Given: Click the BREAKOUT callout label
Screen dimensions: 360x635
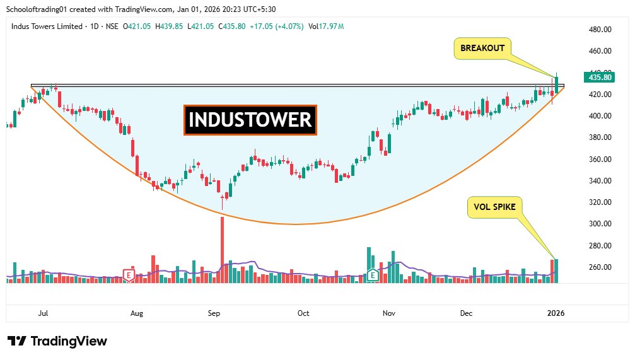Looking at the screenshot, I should (x=482, y=48).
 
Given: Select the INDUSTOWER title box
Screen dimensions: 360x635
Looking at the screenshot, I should (x=250, y=120).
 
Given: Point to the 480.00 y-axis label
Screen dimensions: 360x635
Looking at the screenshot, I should (x=600, y=30).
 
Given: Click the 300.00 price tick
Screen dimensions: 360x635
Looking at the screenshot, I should (x=600, y=224).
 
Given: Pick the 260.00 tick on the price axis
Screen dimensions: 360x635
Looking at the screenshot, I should (x=600, y=267).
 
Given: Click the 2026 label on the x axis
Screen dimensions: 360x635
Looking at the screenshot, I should (x=556, y=313).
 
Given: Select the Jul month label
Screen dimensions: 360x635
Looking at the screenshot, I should (x=44, y=313).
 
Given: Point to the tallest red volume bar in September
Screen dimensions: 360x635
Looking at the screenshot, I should (x=222, y=250).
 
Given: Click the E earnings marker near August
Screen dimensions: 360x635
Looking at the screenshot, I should (x=129, y=275).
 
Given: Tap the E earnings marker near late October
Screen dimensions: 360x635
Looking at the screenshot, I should (x=373, y=275).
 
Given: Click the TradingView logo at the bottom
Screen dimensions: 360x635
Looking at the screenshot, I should (x=57, y=341).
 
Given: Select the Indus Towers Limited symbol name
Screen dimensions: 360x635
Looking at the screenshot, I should (x=47, y=26).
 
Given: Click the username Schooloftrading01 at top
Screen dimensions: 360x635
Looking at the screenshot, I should (x=38, y=9).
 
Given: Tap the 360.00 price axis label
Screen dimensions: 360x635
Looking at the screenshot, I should (x=600, y=160).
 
